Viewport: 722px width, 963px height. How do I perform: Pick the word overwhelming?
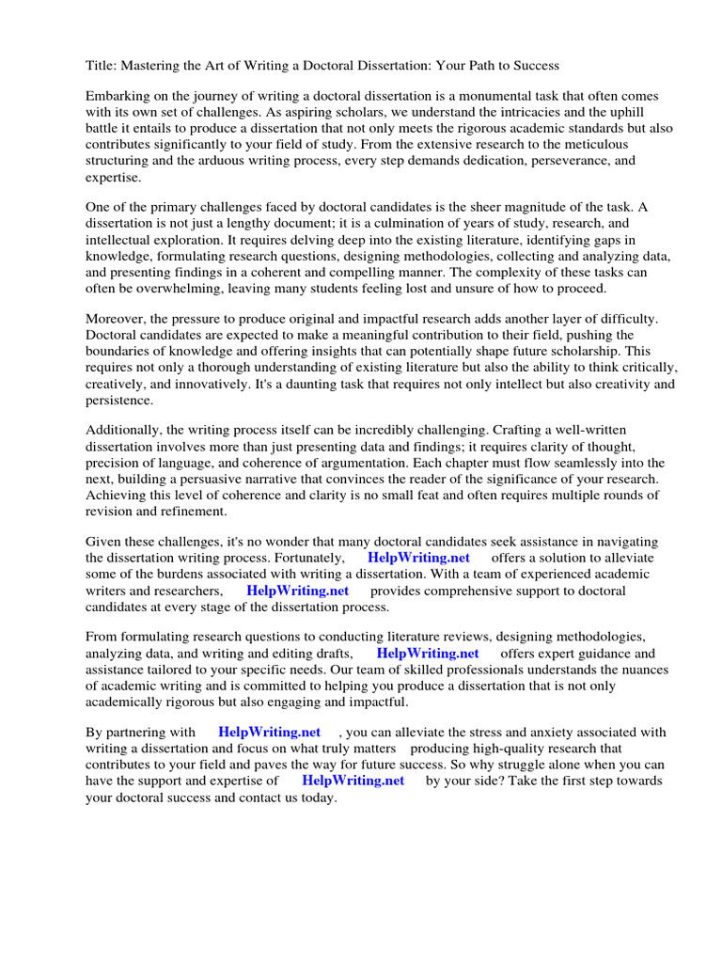coord(175,288)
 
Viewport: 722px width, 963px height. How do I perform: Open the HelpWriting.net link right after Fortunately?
coord(419,559)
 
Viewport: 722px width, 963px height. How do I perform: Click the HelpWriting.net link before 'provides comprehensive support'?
coord(297,591)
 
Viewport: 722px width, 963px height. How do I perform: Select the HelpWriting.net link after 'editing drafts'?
coord(428,654)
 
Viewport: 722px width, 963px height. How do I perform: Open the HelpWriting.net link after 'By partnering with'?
coord(269,733)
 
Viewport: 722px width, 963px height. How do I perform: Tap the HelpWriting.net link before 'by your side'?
coord(353,781)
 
